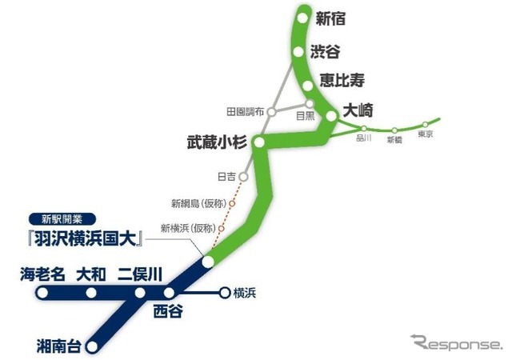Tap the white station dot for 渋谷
pos(298,52)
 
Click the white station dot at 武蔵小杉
pos(258,143)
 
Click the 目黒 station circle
pos(311,104)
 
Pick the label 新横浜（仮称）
pos(189,227)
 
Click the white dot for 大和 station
pos(90,293)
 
